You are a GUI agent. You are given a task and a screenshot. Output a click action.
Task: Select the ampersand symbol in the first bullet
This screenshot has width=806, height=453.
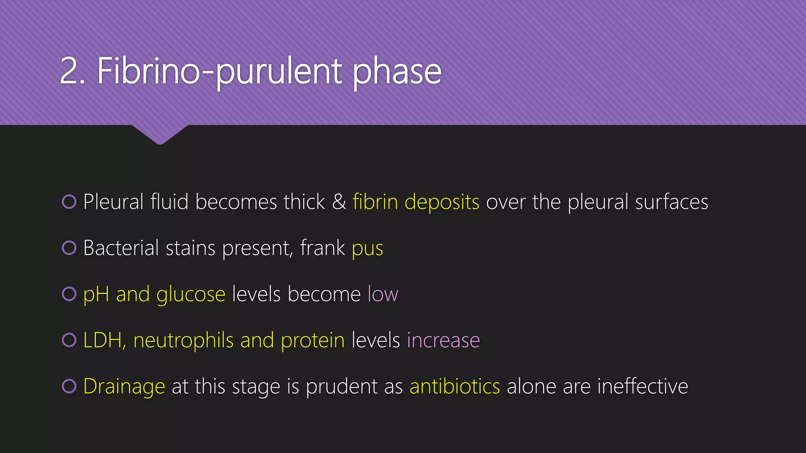339,202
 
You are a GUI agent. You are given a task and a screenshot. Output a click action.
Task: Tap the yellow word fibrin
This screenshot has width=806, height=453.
375,202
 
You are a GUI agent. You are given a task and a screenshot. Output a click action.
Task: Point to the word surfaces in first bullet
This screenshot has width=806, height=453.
671,202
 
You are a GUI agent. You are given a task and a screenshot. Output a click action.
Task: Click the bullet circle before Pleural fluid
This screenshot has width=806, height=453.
69,202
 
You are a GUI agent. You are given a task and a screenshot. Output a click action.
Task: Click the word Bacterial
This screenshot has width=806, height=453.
121,249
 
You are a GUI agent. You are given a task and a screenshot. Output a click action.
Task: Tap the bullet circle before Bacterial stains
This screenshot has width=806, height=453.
69,248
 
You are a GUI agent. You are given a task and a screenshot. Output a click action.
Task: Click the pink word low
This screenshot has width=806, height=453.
383,294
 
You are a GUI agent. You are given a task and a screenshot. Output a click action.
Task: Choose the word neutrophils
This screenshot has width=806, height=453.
183,341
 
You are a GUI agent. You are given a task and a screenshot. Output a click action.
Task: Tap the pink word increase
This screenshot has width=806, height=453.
443,341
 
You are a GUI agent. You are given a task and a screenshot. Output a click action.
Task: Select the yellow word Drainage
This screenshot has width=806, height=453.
124,387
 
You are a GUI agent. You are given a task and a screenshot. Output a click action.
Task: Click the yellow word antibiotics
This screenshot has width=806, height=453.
455,386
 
